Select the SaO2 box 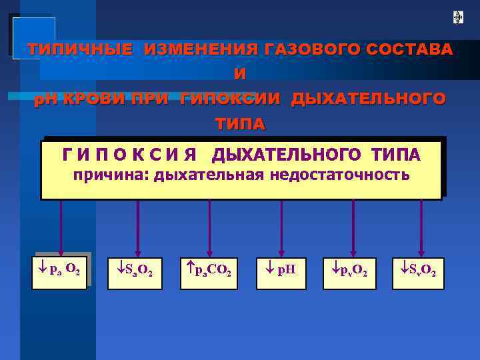pos(138,272)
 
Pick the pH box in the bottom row pos(281,272)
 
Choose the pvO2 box pos(349,272)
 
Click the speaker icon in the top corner pos(459,17)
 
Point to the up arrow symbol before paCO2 pos(189,270)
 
